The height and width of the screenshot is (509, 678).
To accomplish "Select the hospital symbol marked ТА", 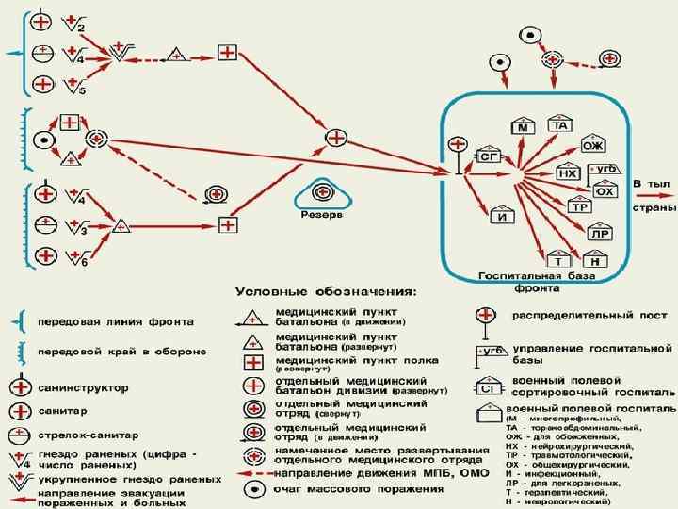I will tap(561, 126).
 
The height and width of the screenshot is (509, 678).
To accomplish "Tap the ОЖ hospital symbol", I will tap(592, 146).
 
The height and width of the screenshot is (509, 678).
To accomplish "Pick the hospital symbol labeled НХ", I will tap(568, 173).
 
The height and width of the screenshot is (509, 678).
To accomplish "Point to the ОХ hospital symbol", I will tap(607, 191).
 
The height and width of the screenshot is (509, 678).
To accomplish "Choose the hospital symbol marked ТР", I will tap(582, 206).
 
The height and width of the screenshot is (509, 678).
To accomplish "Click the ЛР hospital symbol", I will tap(599, 233).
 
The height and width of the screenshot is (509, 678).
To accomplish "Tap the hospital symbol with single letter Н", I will tap(595, 260).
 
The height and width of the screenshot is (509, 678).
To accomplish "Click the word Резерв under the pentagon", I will tap(322, 215).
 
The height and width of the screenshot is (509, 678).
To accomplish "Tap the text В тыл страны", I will tap(654, 194).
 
